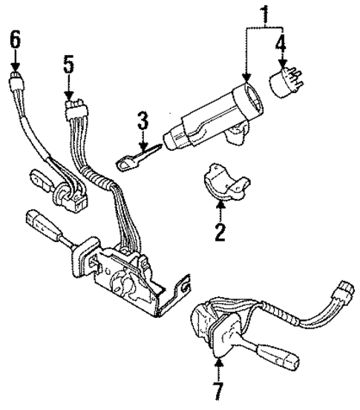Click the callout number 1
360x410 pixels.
tap(263, 14)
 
